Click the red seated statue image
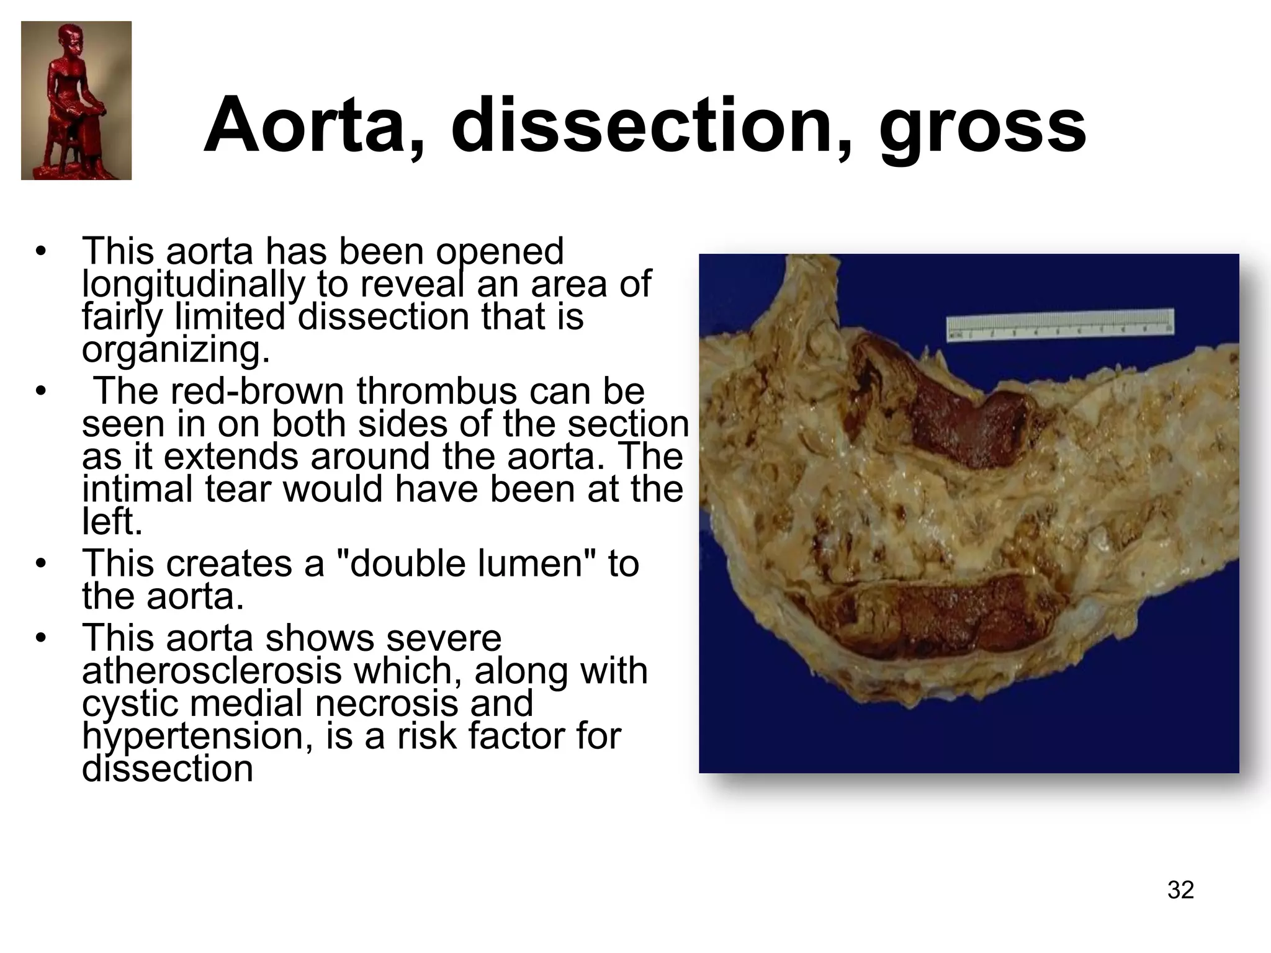point(76,101)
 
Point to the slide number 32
point(1180,890)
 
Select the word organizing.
point(176,350)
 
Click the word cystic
point(130,704)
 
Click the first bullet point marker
point(41,253)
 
